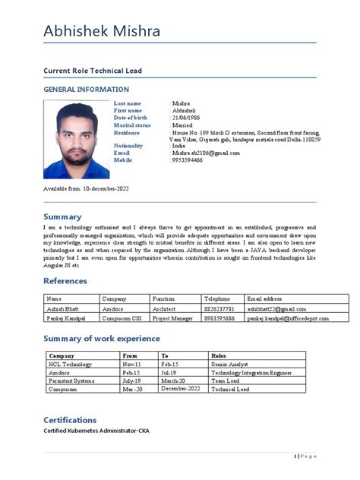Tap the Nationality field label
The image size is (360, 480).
click(128, 146)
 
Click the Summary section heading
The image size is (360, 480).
click(62, 216)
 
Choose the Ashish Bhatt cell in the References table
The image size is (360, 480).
click(63, 309)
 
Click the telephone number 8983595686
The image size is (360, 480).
click(219, 320)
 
